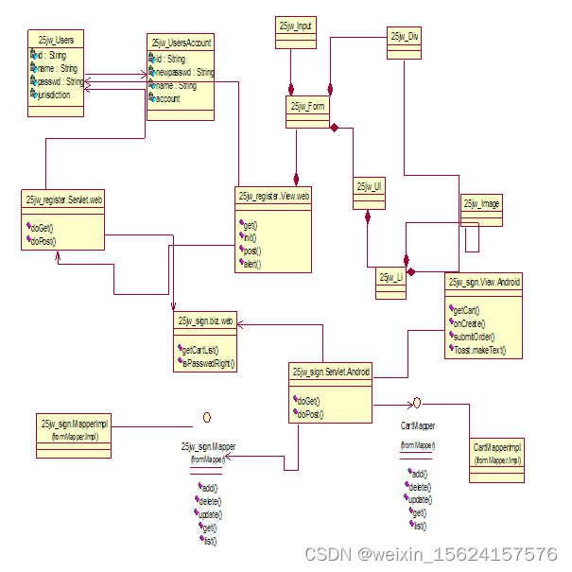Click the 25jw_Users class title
(x=57, y=40)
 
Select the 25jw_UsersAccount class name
(x=181, y=43)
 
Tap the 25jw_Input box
(x=296, y=26)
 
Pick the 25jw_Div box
(x=404, y=36)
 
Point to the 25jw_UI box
(x=369, y=187)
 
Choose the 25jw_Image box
(x=482, y=204)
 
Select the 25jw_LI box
(x=391, y=277)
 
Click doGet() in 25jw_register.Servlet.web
(x=43, y=229)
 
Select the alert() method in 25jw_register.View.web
(x=251, y=264)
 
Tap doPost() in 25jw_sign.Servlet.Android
(x=310, y=413)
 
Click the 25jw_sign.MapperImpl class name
(x=75, y=425)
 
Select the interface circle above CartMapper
(x=416, y=403)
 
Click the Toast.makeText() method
(x=479, y=350)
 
